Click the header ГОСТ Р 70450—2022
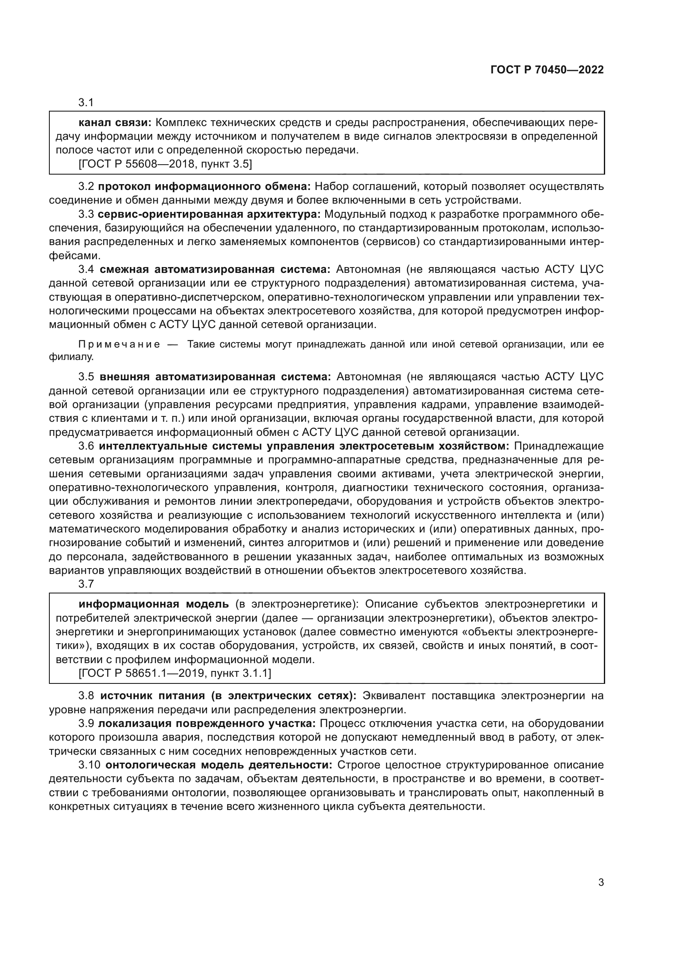547,70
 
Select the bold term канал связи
115,123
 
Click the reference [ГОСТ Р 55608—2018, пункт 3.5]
165,164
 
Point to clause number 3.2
87,186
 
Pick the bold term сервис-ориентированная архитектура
209,214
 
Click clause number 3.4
87,270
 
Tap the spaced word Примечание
119,344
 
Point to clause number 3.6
87,446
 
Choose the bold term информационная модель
154,605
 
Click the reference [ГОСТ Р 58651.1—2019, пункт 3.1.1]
175,673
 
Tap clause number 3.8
87,696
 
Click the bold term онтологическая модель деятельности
219,765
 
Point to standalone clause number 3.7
86,584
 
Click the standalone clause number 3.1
86,103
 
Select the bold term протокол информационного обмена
205,186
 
